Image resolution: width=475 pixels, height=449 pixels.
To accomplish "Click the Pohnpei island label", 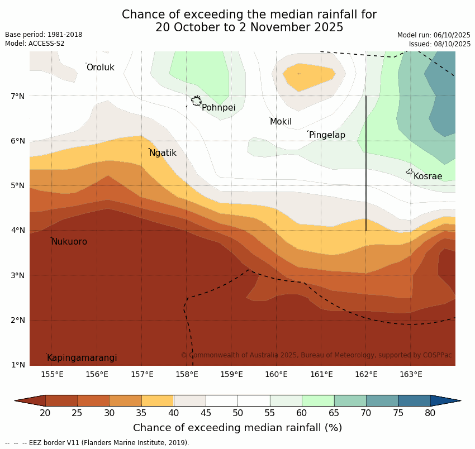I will (x=218, y=108).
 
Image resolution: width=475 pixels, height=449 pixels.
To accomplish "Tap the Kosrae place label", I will (x=427, y=176).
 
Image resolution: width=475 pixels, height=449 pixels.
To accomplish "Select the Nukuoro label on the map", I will (x=69, y=242).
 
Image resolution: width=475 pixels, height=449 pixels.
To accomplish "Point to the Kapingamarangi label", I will (x=82, y=358).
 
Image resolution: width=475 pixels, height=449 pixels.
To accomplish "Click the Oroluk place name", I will (x=100, y=68).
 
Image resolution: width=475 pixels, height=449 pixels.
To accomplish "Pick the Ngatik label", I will (x=163, y=153).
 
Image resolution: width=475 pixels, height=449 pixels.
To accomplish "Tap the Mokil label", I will (x=281, y=122).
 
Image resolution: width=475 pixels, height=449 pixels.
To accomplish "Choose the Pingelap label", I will (x=327, y=135).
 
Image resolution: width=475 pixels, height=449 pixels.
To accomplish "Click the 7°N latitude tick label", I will (x=18, y=96).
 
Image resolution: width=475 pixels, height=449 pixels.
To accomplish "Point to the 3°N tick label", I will (x=18, y=275).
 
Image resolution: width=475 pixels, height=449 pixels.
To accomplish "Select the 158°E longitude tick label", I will (x=187, y=374).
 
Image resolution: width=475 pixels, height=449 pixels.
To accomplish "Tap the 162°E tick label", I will (x=366, y=374).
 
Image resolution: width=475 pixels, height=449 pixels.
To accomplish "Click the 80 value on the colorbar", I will (x=430, y=413).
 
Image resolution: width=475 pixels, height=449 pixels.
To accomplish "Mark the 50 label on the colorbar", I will (x=237, y=413).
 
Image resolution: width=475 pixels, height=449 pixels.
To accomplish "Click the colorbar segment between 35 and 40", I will (x=158, y=400).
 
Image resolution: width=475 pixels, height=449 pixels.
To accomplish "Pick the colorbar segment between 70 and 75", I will (x=382, y=400).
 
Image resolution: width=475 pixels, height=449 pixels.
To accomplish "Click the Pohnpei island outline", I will (x=196, y=101).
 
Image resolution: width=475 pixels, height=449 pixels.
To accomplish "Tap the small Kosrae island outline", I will (x=409, y=171).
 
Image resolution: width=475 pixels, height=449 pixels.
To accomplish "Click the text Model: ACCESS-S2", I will (x=35, y=44).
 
